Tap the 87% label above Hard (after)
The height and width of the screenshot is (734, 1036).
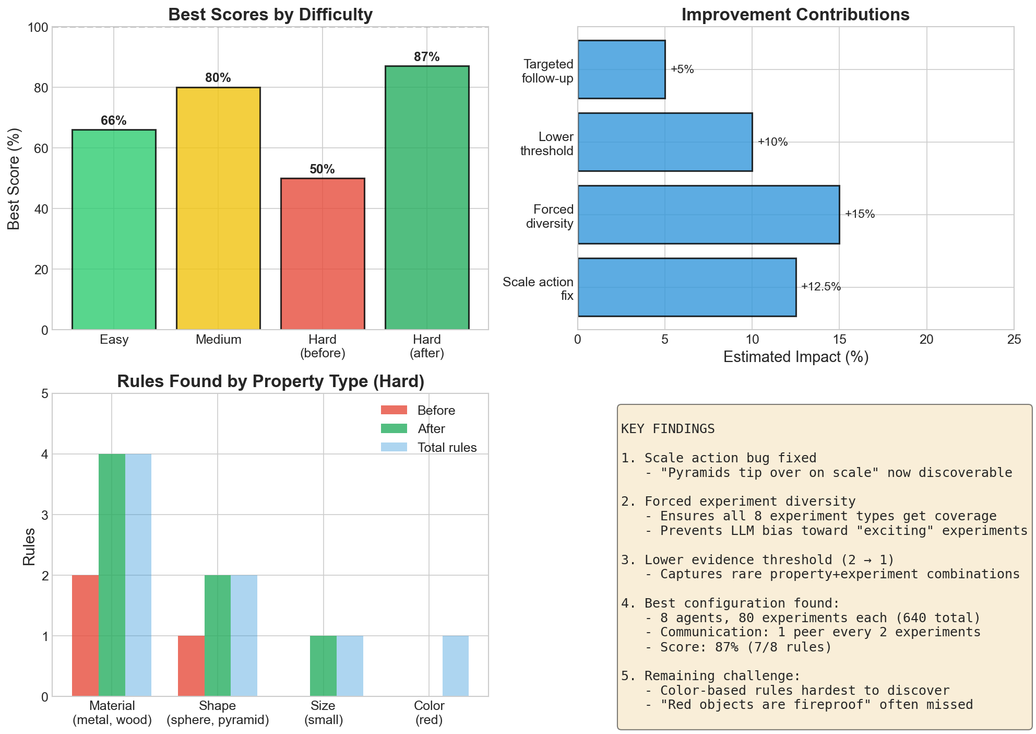tap(426, 57)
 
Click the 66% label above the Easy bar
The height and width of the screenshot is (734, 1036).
tap(114, 121)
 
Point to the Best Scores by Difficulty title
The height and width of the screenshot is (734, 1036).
tap(270, 15)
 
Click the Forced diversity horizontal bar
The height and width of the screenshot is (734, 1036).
tap(708, 214)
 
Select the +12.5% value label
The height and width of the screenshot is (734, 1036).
tap(820, 287)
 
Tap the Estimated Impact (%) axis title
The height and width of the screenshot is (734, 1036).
tap(795, 357)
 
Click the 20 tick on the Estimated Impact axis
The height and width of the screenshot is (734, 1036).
tap(926, 340)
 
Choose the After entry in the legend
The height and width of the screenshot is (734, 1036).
tap(431, 429)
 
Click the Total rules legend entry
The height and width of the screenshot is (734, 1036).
tap(447, 448)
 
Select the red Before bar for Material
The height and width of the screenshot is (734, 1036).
tap(85, 635)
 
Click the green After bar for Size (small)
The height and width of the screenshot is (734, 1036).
tap(323, 666)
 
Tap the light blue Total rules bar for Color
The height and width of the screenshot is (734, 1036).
tap(456, 666)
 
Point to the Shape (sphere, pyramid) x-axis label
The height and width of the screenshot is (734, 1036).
tap(218, 713)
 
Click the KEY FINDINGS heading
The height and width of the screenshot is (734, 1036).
tap(668, 429)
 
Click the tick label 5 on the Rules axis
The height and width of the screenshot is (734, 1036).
tap(44, 394)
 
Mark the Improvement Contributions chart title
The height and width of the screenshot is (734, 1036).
tap(795, 15)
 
